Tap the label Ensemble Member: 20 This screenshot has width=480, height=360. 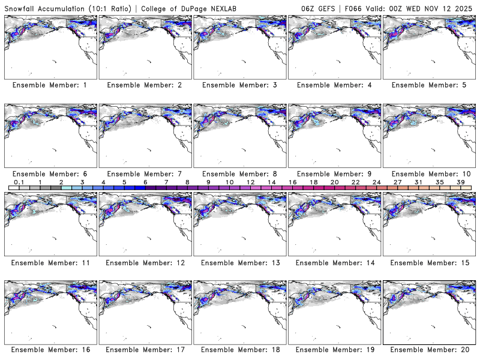click(x=430, y=350)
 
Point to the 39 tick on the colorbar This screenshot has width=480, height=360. click(x=461, y=182)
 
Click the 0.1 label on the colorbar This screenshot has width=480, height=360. click(x=19, y=182)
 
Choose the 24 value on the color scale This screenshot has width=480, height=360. click(x=377, y=182)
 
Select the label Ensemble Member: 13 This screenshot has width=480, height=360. click(x=240, y=262)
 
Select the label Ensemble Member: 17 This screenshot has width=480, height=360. click(x=145, y=350)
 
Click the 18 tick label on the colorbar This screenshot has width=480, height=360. click(x=314, y=182)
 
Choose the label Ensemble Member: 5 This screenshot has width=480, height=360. click(x=430, y=85)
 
